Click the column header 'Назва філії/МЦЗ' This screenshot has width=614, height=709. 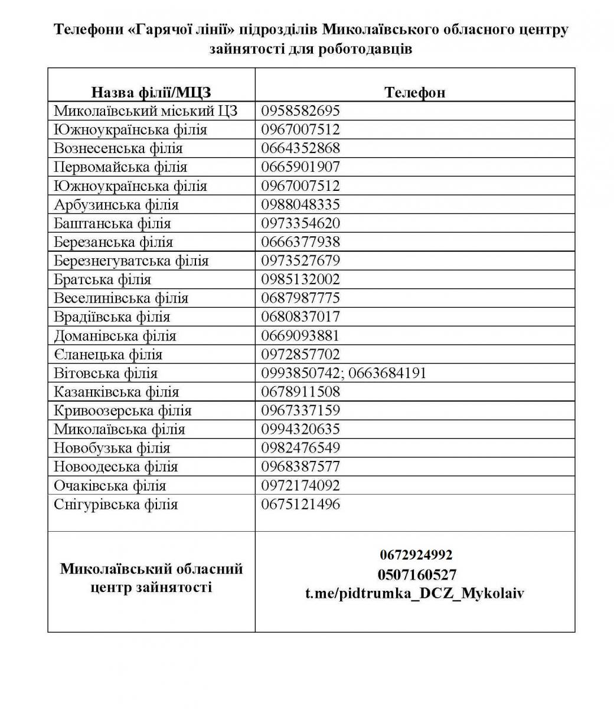coord(151,92)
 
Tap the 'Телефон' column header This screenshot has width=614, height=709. coord(414,92)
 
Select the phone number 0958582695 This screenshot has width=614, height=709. coord(301,110)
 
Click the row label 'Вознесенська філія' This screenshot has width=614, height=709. coord(118,148)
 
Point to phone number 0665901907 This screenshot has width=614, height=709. coord(301,167)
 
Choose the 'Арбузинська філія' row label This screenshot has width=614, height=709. coord(116,204)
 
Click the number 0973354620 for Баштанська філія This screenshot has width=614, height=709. coord(301,223)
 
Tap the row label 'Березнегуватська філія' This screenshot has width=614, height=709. coord(131,261)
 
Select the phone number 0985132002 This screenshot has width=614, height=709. coord(301,279)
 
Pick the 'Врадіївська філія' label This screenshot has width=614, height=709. coord(112,317)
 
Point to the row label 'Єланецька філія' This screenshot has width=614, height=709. coord(107,354)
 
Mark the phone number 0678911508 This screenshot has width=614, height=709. coord(301,392)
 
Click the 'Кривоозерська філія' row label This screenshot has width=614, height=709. coord(123,411)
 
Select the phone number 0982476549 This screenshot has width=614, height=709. coord(301,448)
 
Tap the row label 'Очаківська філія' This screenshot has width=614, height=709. coord(110,486)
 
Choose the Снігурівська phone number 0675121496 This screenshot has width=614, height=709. coord(301,504)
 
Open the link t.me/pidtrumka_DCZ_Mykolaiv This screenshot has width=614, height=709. coord(414,593)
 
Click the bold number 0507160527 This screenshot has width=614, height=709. coord(417,574)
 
